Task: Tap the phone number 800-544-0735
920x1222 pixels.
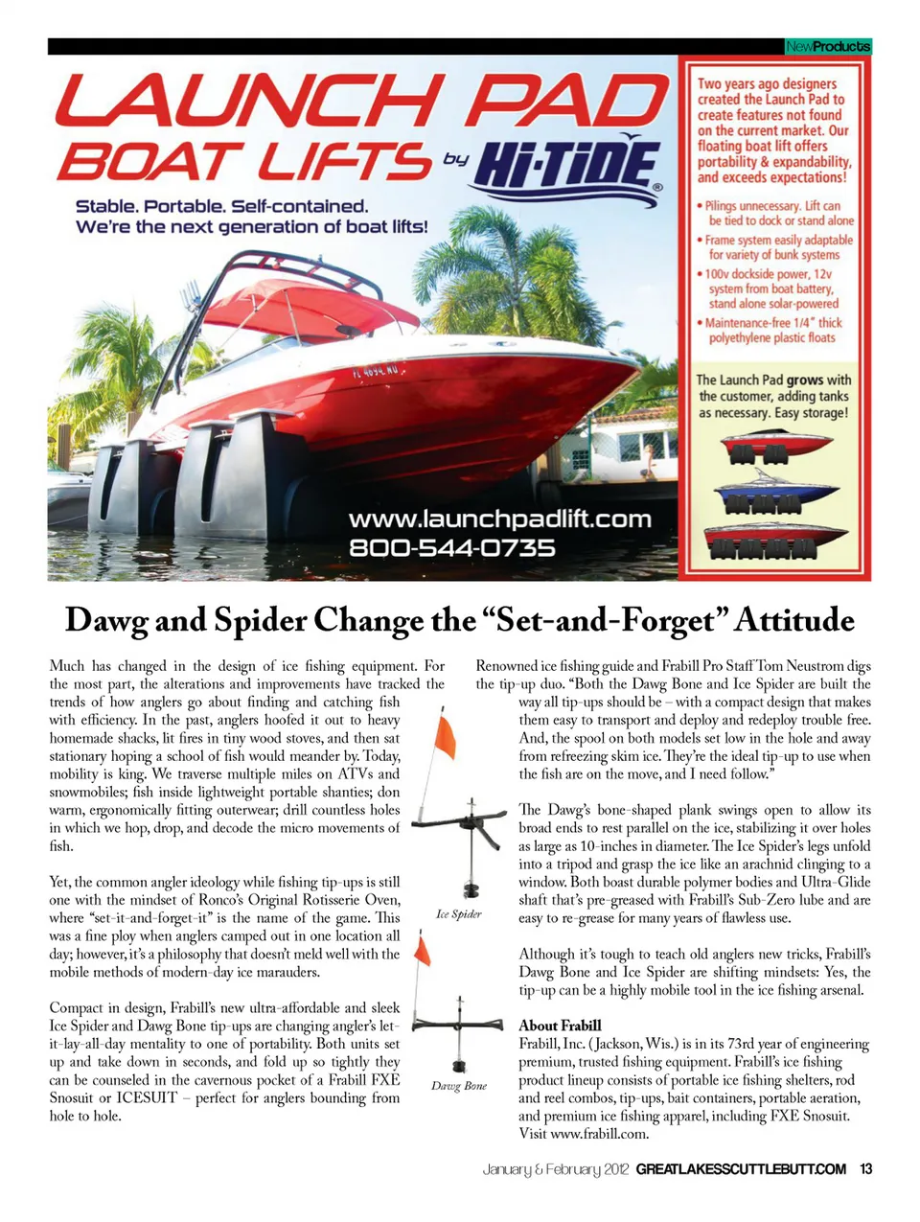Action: click(451, 548)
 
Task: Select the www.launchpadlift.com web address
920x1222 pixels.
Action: click(499, 519)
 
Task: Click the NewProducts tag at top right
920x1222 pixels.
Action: click(827, 46)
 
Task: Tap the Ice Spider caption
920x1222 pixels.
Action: click(459, 914)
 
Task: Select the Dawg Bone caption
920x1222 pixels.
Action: click(459, 1086)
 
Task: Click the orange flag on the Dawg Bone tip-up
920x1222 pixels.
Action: click(422, 952)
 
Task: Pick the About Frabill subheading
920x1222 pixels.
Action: click(560, 1026)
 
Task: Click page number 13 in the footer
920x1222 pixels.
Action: click(865, 1169)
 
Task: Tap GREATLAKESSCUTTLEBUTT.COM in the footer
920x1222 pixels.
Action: click(741, 1169)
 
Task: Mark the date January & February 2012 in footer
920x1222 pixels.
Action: click(556, 1169)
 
